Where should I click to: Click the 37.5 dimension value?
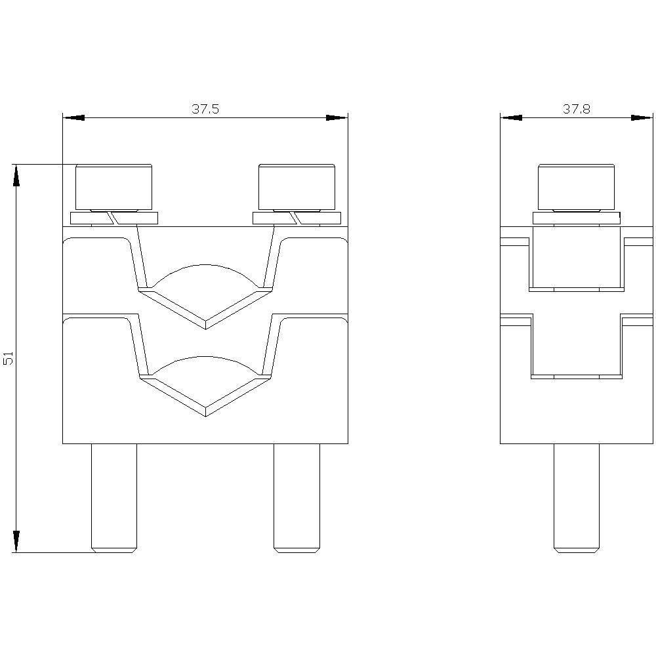tap(205, 109)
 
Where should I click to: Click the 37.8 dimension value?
tap(576, 109)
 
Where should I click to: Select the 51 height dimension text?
tap(9, 359)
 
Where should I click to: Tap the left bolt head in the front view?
tap(113, 187)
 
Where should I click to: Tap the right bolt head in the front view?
tap(297, 187)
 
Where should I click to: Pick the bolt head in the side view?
tap(576, 187)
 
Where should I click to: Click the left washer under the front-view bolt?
tap(113, 218)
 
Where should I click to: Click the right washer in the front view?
tap(297, 218)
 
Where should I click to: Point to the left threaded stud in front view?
tap(113, 499)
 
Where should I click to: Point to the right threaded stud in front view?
tap(297, 499)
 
